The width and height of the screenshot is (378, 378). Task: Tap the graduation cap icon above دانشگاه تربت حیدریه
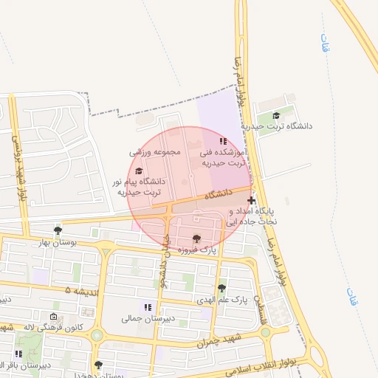276,115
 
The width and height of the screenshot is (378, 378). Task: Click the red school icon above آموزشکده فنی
223,140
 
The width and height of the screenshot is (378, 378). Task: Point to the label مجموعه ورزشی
155,152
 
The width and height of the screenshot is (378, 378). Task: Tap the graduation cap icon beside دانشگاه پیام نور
138,171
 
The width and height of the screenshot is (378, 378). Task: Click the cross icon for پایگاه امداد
252,200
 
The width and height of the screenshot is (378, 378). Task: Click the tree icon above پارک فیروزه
196,238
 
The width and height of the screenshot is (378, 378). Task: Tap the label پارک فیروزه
196,251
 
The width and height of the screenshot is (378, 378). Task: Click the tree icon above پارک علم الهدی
221,288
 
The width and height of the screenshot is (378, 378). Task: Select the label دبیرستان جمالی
148,320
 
